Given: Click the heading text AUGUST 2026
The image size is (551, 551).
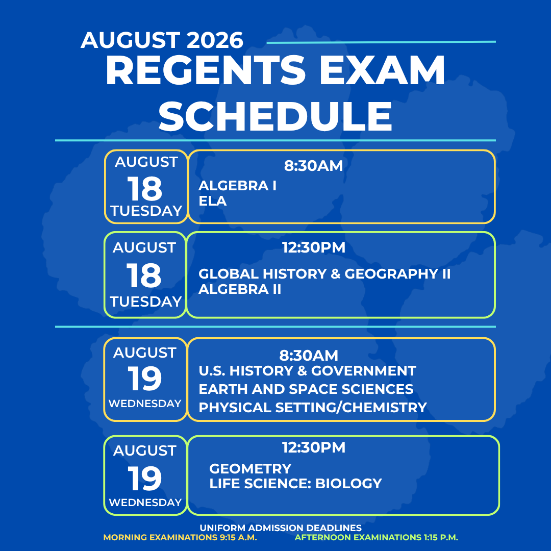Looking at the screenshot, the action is coord(162,40).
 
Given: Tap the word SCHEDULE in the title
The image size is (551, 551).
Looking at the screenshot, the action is coord(275,116).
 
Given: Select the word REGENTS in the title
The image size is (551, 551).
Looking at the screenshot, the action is coord(206,70).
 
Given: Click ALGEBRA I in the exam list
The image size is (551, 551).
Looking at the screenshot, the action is coord(238,186).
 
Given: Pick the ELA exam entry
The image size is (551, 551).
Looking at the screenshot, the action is coord(213,201).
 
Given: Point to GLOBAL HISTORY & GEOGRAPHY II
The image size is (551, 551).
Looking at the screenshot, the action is coord(324,274).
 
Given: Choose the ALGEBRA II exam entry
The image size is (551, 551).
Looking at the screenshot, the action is coord(240,289).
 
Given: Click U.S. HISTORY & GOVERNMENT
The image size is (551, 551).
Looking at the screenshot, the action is coord(308,371).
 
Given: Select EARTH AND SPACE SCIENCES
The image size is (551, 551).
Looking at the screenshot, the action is coord(306,389).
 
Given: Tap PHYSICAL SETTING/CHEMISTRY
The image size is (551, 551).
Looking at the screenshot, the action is coord(313,407).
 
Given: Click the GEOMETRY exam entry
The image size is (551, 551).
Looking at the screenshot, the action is coord(250,468).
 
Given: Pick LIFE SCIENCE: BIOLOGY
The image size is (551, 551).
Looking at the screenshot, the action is coord(295,484).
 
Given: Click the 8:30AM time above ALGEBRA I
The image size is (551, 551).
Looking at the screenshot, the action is coord(313,166).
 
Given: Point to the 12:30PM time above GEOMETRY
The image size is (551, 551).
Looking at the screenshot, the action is coord(314,448).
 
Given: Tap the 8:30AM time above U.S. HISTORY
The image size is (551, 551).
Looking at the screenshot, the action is coord(309,356).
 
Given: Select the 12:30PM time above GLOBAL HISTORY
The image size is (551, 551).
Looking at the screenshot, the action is coord(314,247).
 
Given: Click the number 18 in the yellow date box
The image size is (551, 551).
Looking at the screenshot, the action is coord(145,188).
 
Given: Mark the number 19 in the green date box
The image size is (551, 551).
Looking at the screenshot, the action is coord(145,478).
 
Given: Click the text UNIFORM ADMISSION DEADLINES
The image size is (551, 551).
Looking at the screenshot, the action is coord(281,528).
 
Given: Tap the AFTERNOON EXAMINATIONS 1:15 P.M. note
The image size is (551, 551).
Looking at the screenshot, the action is coord(377,537).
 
